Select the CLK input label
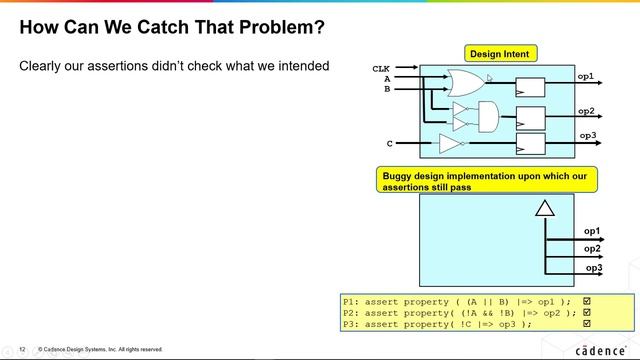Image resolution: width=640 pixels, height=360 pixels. point(381,69)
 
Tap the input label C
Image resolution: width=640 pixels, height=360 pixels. point(389,143)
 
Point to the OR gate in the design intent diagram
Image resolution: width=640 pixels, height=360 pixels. point(466,81)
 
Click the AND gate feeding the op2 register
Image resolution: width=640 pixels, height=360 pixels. point(489,117)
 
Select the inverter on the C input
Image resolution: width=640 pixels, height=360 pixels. point(451,145)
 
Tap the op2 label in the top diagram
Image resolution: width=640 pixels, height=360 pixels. point(586,111)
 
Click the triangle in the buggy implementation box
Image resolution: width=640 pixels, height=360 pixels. point(544,209)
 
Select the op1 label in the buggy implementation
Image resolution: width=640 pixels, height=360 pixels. point(592,231)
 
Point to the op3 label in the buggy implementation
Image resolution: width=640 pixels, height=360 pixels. point(592,268)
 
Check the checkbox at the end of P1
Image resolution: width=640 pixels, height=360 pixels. point(587,300)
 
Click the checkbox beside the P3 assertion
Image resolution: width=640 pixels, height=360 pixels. point(587,323)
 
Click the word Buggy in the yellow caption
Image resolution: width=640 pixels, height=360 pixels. point(400,176)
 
